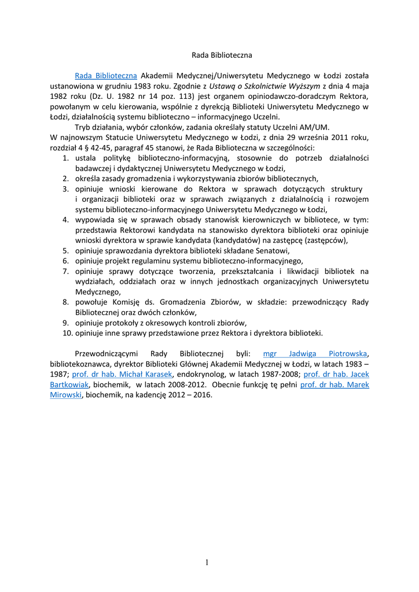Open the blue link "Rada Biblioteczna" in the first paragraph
[106, 75]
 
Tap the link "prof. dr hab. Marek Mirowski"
[335, 384]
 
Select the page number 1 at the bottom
[206, 563]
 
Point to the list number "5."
[66, 250]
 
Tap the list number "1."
[66, 158]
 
